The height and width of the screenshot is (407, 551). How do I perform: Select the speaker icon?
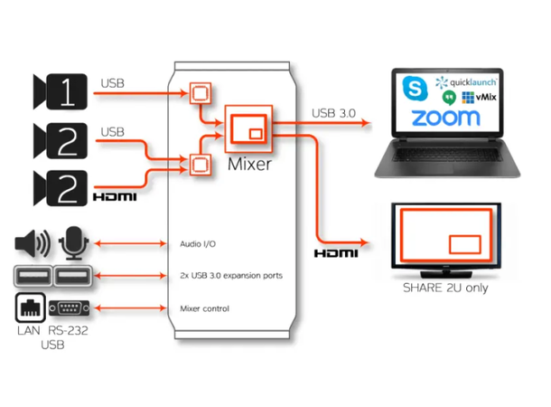(33, 243)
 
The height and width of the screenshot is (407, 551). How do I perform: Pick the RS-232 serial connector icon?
(70, 308)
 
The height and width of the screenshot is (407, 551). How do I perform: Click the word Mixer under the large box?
(249, 165)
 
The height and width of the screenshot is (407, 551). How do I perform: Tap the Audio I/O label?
(197, 243)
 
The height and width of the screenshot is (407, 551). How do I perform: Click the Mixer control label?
(204, 308)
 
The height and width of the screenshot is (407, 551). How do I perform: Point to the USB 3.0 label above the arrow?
(335, 113)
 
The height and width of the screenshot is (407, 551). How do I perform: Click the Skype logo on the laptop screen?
(416, 89)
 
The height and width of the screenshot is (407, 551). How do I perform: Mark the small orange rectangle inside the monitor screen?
(464, 243)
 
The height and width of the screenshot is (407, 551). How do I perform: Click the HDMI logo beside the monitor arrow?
(335, 252)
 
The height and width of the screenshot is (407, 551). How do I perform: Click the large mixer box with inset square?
(249, 128)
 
